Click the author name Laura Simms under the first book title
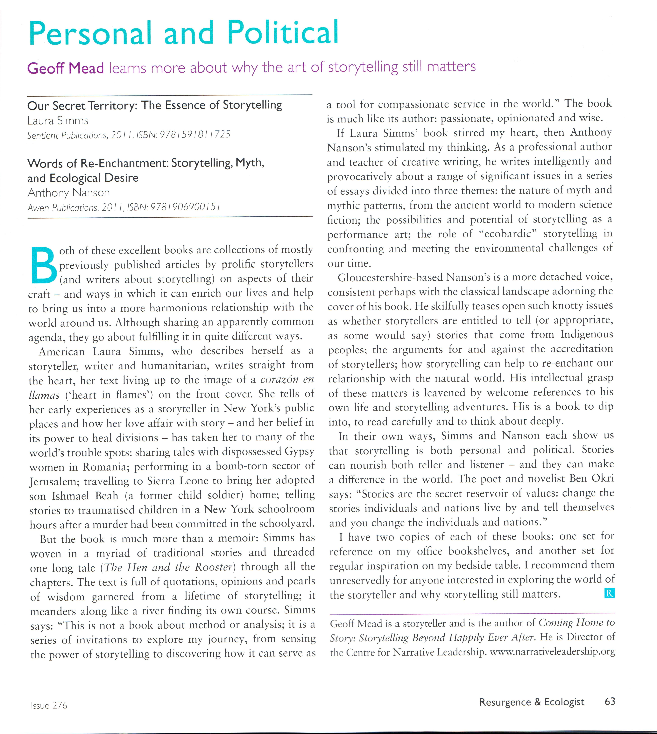[58, 121]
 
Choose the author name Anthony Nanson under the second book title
[69, 193]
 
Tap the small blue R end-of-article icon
[609, 594]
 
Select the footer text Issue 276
[49, 705]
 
